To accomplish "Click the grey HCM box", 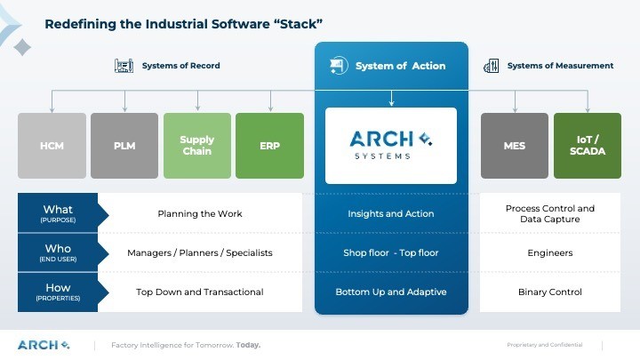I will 52,145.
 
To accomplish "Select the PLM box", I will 124,145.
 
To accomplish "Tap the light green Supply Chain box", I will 196,145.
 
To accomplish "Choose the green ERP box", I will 269,145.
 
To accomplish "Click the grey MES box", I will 514,145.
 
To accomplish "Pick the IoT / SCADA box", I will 587,145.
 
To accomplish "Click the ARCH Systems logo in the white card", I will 391,145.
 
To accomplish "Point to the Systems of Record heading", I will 180,66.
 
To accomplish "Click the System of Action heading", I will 400,66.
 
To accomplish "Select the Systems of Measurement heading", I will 560,66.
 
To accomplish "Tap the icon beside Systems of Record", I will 124,66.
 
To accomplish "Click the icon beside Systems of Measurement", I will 491,66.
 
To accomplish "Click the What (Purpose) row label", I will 58,213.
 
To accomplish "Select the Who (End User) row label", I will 58,252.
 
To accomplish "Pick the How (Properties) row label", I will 58,292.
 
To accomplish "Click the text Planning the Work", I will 199,213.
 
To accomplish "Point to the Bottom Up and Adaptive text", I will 391,292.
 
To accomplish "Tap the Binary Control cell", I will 550,292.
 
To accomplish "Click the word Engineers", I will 550,252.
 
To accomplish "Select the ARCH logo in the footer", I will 43,345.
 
